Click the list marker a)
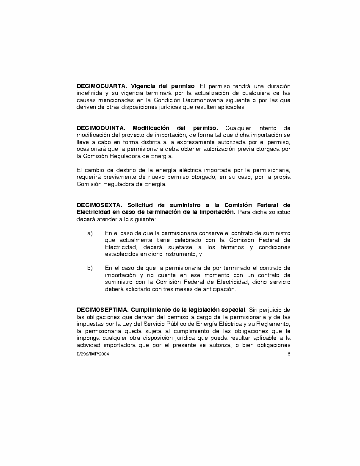pos(90,233)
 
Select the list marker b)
pos(90,268)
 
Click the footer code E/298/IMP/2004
pos(90,354)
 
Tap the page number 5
pos(289,354)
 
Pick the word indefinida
pos(90,93)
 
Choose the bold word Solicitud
pos(141,205)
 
